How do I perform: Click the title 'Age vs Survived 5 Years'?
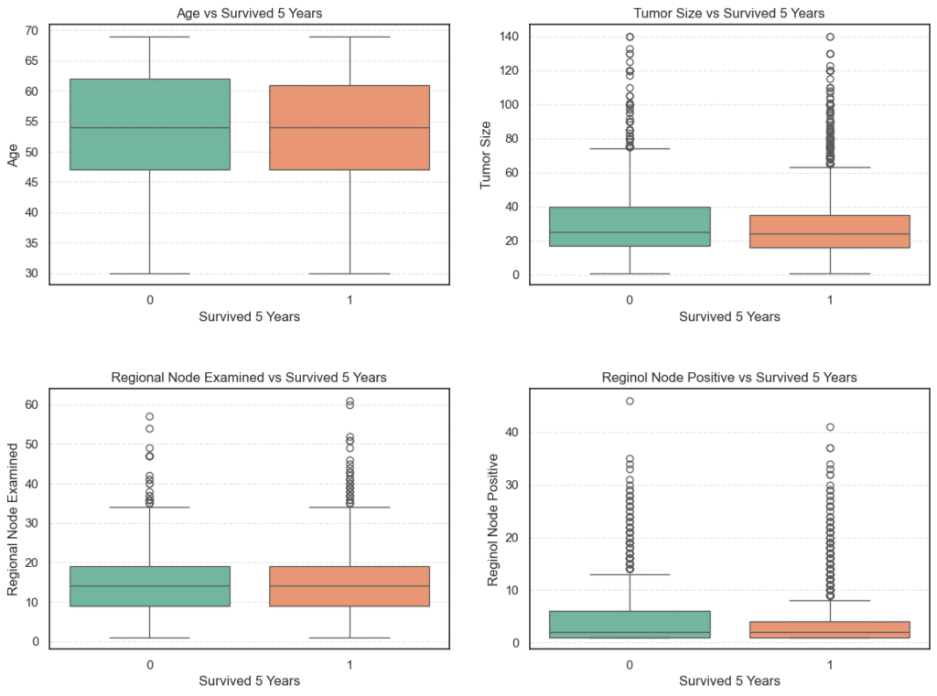tap(249, 13)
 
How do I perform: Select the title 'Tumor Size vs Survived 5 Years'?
tap(729, 13)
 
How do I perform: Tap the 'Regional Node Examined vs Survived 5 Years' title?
tap(249, 377)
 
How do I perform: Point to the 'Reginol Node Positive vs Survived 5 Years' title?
tap(729, 377)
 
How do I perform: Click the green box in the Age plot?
tap(149, 124)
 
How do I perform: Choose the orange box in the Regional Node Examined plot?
tap(350, 586)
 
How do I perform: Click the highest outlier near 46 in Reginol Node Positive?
tap(630, 401)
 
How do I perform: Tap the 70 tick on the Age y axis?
tap(31, 31)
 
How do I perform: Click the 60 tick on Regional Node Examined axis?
tap(31, 404)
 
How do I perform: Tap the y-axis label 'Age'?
tap(14, 155)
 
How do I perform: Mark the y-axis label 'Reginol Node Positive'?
tap(493, 519)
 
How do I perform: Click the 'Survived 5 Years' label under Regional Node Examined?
tap(249, 680)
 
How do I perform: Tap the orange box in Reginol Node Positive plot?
tap(830, 629)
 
